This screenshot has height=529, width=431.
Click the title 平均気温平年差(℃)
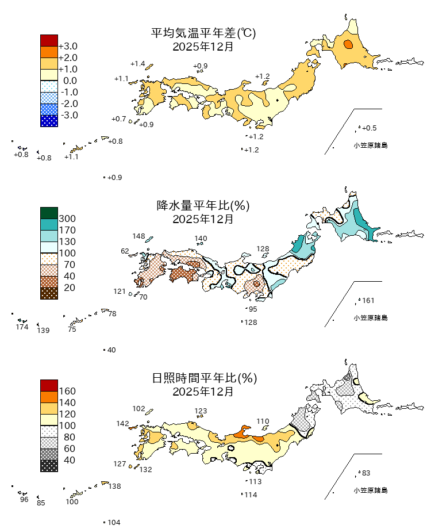click(x=203, y=34)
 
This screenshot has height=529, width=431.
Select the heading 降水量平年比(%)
click(x=203, y=206)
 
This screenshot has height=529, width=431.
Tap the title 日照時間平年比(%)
click(x=203, y=378)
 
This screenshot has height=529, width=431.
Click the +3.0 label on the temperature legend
click(x=68, y=46)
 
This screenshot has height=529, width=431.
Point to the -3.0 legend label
click(x=68, y=115)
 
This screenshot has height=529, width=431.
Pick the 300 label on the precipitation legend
click(x=67, y=218)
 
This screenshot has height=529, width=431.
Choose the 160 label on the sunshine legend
click(x=67, y=391)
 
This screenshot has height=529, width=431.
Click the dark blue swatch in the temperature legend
click(x=49, y=121)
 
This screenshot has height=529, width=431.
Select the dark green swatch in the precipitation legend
click(x=49, y=213)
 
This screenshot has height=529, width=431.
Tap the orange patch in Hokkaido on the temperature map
click(x=348, y=44)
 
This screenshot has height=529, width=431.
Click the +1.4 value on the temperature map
click(x=138, y=64)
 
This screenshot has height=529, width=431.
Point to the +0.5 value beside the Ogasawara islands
click(x=369, y=128)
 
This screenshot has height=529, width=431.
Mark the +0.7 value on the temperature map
click(x=118, y=119)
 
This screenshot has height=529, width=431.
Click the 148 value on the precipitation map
click(x=138, y=236)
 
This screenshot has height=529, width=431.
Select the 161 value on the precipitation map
click(x=368, y=301)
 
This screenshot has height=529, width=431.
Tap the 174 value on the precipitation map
click(x=22, y=327)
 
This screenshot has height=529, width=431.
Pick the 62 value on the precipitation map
click(x=125, y=251)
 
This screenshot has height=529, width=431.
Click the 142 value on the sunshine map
click(x=122, y=424)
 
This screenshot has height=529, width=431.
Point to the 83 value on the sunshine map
click(x=366, y=473)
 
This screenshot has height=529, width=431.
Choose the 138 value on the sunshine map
click(x=114, y=486)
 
